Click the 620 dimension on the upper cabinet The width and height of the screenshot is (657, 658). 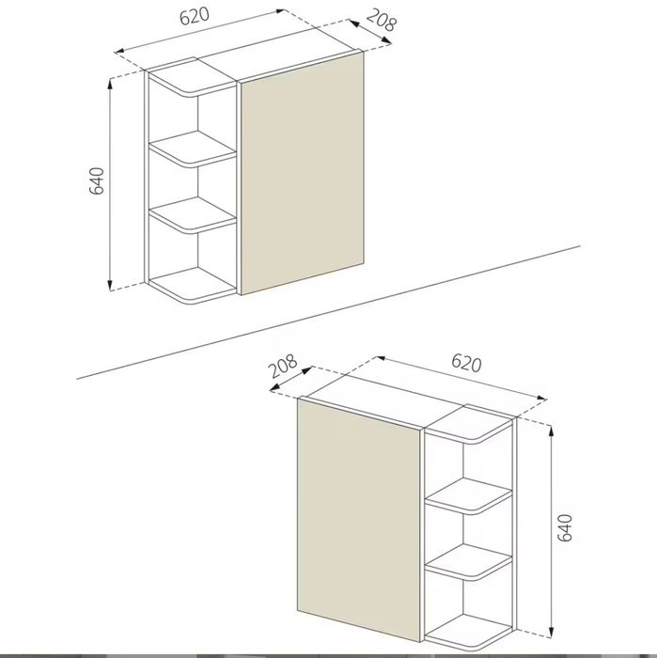pyautogui.click(x=195, y=16)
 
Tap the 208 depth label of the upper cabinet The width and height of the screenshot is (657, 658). pyautogui.click(x=381, y=20)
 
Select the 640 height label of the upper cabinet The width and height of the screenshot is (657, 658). pyautogui.click(x=97, y=180)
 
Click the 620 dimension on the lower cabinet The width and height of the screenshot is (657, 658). pyautogui.click(x=466, y=363)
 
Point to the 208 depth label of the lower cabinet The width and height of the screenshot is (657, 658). pyautogui.click(x=283, y=366)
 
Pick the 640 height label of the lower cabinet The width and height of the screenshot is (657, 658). pyautogui.click(x=565, y=527)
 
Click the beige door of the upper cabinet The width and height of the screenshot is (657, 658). pyautogui.click(x=302, y=173)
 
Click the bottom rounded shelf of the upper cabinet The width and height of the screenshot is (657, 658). pyautogui.click(x=193, y=286)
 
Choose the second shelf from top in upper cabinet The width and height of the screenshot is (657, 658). pyautogui.click(x=193, y=148)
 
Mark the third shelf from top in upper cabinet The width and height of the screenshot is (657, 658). pyautogui.click(x=193, y=215)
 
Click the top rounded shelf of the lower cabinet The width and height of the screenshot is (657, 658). pyautogui.click(x=469, y=425)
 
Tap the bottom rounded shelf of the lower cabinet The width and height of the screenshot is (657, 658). pyautogui.click(x=469, y=633)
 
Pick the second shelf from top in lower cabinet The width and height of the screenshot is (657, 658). pyautogui.click(x=469, y=495)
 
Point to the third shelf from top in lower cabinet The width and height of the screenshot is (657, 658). pyautogui.click(x=469, y=561)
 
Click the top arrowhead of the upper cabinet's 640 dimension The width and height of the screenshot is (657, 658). pyautogui.click(x=110, y=83)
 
